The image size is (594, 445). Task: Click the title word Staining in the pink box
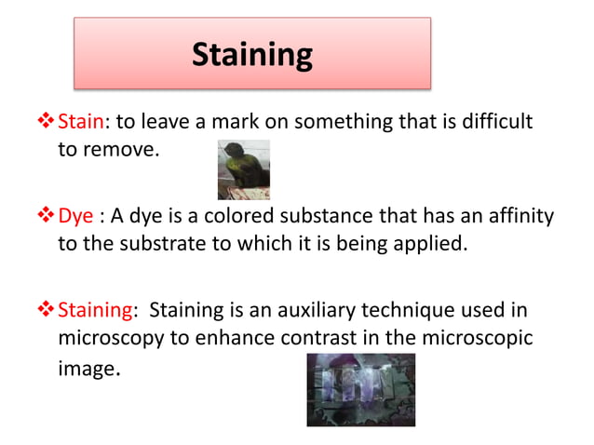tap(251, 54)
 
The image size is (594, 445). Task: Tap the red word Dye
tap(75, 216)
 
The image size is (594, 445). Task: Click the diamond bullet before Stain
tap(47, 121)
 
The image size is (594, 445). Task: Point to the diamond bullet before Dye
tap(47, 216)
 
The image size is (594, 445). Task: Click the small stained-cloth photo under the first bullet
tap(243, 169)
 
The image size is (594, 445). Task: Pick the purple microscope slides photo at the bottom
tap(361, 389)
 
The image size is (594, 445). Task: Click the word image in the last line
tap(87, 369)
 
